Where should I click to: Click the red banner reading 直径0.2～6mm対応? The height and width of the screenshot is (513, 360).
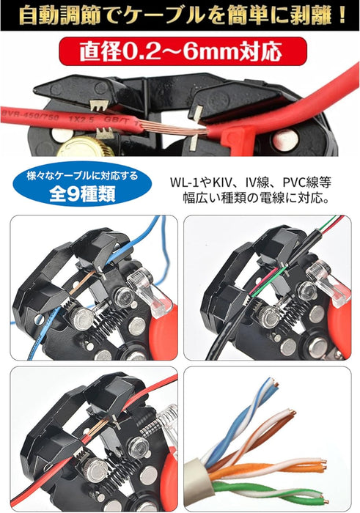click(183, 51)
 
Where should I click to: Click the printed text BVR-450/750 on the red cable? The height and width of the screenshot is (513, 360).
click(31, 116)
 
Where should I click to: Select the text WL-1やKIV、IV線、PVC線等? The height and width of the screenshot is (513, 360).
click(251, 182)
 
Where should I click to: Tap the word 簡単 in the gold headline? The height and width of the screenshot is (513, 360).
click(247, 15)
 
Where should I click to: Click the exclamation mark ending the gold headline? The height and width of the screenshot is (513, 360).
click(342, 15)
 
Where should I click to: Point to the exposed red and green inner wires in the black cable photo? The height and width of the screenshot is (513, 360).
click(267, 280)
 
